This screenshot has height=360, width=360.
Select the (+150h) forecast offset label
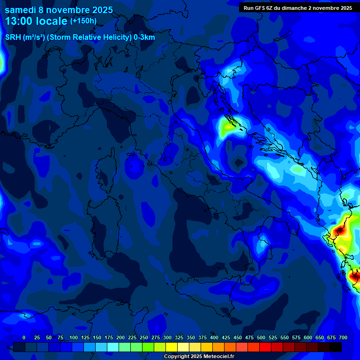[x=83, y=21]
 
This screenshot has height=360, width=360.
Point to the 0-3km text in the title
[x=144, y=37]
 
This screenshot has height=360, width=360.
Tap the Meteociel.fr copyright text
[x=199, y=357]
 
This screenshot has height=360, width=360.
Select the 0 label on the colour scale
[x=24, y=337]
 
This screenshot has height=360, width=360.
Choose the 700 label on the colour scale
[x=343, y=337]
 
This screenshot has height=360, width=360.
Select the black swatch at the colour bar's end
[x=336, y=347]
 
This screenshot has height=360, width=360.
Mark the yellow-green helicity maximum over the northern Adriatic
[x=228, y=126]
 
